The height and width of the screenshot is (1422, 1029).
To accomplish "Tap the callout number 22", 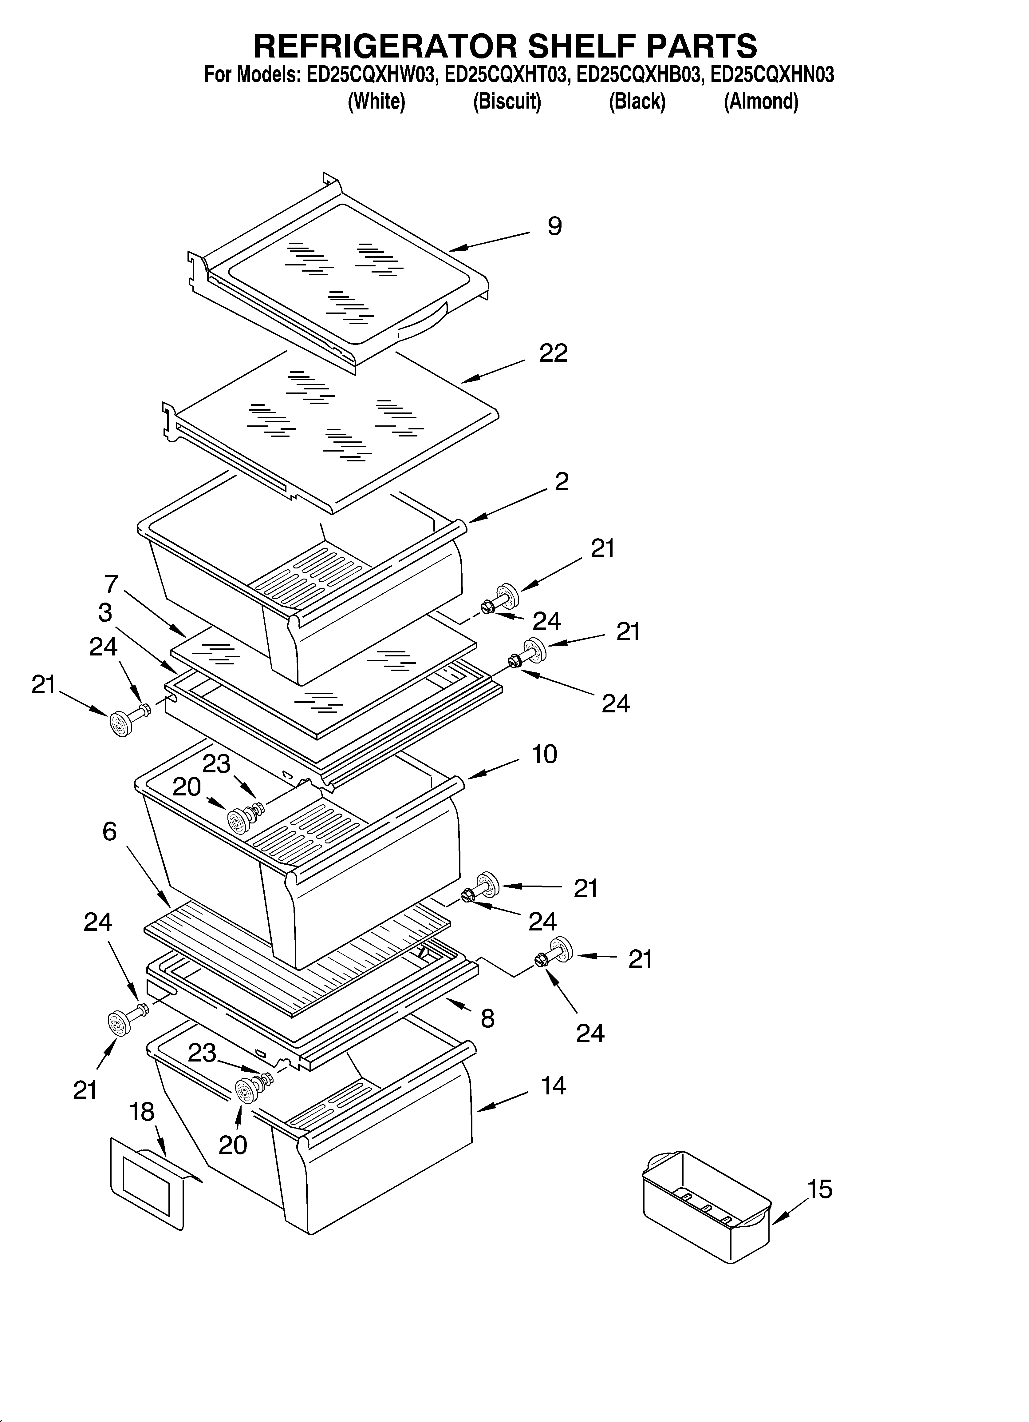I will coord(553,353).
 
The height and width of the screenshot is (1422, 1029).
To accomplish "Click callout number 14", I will coord(553,1085).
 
